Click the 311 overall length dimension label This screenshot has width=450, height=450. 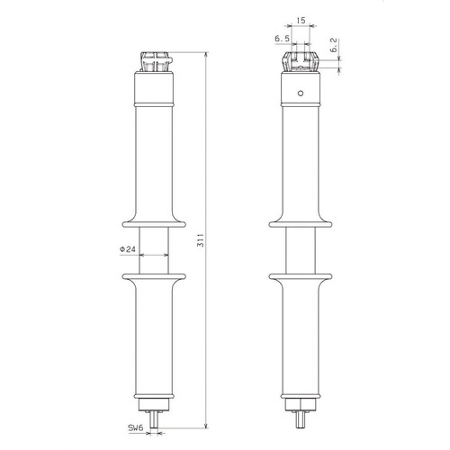pyautogui.click(x=202, y=240)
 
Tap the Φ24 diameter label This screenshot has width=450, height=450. pyautogui.click(x=128, y=249)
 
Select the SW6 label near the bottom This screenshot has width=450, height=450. pyautogui.click(x=136, y=428)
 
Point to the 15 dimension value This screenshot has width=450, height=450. pyautogui.click(x=301, y=21)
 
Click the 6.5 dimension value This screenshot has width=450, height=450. pyautogui.click(x=283, y=39)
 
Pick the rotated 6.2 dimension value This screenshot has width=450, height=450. pyautogui.click(x=334, y=45)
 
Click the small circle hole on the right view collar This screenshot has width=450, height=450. pyautogui.click(x=301, y=93)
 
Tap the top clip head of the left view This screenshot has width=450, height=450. pyautogui.click(x=156, y=62)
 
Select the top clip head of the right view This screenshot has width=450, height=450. pyautogui.click(x=301, y=62)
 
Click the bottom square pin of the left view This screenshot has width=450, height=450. pyautogui.click(x=154, y=419)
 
